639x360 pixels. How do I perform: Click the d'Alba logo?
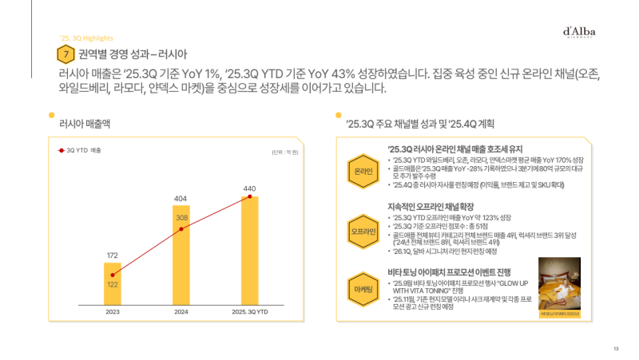click(x=579, y=32)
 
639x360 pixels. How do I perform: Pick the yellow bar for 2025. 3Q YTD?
click(x=250, y=247)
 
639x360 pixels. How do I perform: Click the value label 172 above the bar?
click(x=113, y=255)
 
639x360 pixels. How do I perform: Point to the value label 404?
click(x=181, y=197)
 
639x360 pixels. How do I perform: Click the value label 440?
click(x=250, y=188)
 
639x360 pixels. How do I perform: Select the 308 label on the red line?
click(x=181, y=218)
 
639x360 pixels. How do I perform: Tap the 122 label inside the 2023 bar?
click(x=113, y=284)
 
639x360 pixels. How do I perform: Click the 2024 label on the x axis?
click(x=181, y=311)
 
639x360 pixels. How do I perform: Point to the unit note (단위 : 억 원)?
click(x=284, y=152)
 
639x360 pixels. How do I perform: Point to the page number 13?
click(x=616, y=349)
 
